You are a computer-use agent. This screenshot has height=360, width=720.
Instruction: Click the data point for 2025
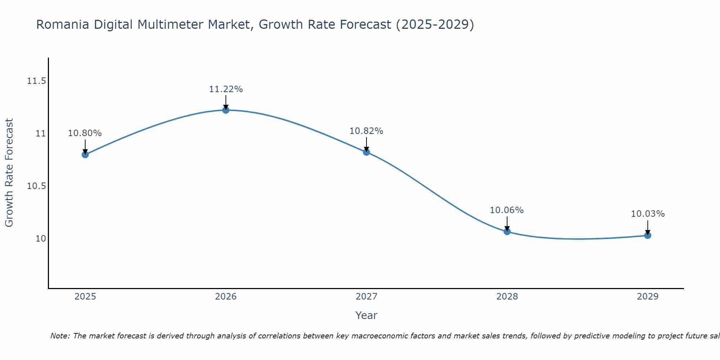(x=85, y=154)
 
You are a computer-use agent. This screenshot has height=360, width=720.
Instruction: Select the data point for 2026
(x=226, y=110)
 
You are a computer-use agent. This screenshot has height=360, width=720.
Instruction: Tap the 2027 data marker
(x=366, y=152)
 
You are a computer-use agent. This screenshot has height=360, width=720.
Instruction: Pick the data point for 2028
(x=507, y=231)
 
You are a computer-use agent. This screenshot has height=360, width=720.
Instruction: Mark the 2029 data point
(x=648, y=235)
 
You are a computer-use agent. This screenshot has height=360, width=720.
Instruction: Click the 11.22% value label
(x=226, y=89)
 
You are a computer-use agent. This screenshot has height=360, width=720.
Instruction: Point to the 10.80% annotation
(x=85, y=133)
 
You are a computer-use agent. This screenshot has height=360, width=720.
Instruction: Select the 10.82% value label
(x=366, y=131)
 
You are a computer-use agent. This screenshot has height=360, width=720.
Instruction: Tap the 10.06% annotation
(x=507, y=210)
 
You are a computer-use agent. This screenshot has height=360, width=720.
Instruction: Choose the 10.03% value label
(x=648, y=214)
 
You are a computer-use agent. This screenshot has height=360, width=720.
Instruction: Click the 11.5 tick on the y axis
(x=36, y=81)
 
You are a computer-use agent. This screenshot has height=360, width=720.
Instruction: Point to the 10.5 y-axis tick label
(x=36, y=186)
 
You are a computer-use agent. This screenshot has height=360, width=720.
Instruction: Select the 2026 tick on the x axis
(x=226, y=297)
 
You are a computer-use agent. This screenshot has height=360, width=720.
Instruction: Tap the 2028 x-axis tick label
(x=507, y=297)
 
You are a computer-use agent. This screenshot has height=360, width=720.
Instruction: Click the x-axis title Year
(x=366, y=315)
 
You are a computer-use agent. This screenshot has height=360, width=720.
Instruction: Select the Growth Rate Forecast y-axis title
(x=9, y=172)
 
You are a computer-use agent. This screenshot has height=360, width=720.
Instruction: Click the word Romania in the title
(x=63, y=25)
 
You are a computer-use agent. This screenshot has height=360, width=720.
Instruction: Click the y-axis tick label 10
(x=41, y=239)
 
